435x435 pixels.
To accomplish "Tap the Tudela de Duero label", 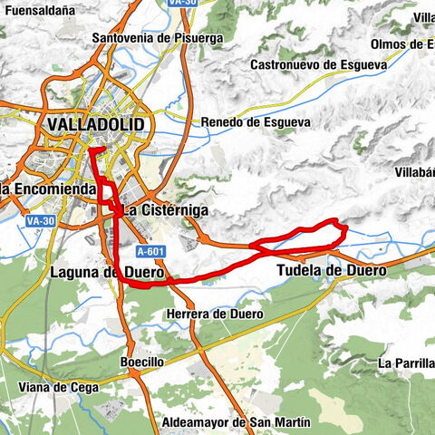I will tap(331, 270).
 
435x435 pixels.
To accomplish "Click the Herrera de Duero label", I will tap(216, 314).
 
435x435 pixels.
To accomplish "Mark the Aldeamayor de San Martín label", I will tap(235, 422).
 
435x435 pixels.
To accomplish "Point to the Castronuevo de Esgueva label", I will tap(318, 64).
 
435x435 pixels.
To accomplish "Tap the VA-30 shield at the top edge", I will tap(183, 3).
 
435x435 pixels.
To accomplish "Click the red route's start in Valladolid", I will tap(103, 148).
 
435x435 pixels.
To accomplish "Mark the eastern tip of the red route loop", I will tap(345, 233).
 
